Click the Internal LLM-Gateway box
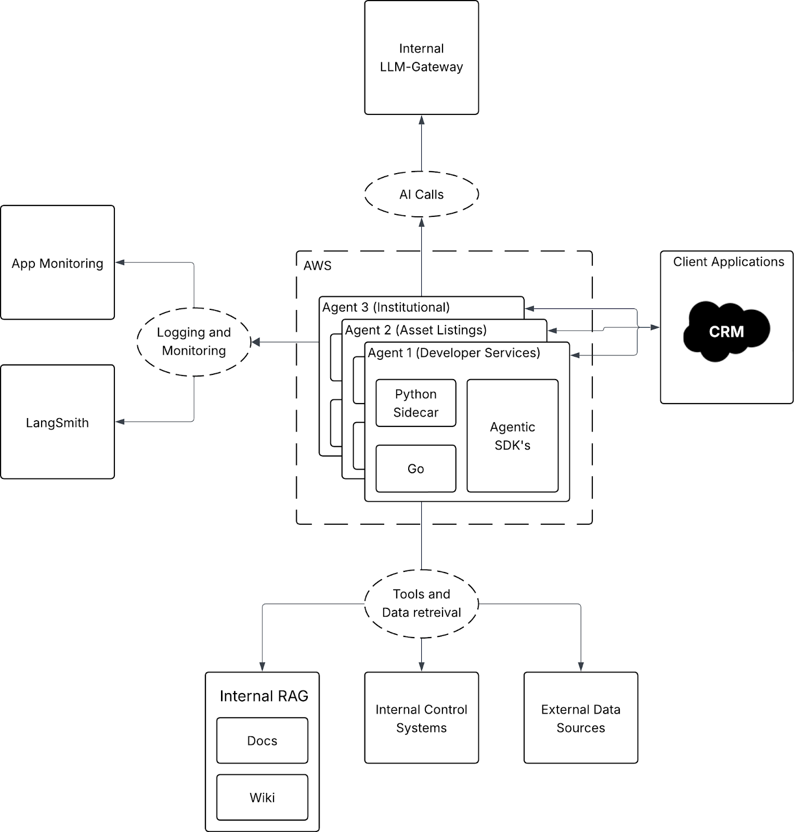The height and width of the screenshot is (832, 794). pos(421,58)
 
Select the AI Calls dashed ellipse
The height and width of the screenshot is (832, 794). pos(421,194)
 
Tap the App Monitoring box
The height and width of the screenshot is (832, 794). pos(57,263)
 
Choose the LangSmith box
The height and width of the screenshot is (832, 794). pos(57,422)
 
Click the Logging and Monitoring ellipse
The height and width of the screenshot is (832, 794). pos(193,342)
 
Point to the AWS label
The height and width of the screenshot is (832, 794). pos(317,266)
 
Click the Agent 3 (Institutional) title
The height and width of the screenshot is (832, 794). pos(386,307)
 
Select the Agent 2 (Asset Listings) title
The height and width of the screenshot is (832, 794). pos(416,330)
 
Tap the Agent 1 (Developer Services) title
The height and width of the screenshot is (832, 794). pos(454,353)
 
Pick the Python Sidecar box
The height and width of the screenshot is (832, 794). pos(415,403)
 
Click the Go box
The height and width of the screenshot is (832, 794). pos(415,469)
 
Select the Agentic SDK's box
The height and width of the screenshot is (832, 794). pos(512,436)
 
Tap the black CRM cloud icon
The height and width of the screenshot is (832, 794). pos(726,331)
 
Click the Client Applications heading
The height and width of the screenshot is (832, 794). pos(728,262)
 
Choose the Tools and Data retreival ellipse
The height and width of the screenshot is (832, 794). pos(421,603)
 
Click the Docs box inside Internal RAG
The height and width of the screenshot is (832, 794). pos(262,740)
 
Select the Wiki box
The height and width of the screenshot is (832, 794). pos(262,797)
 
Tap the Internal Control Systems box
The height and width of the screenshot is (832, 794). pos(421,718)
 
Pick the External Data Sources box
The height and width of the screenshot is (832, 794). pos(580,718)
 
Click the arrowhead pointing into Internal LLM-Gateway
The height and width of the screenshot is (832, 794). pos(422,120)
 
